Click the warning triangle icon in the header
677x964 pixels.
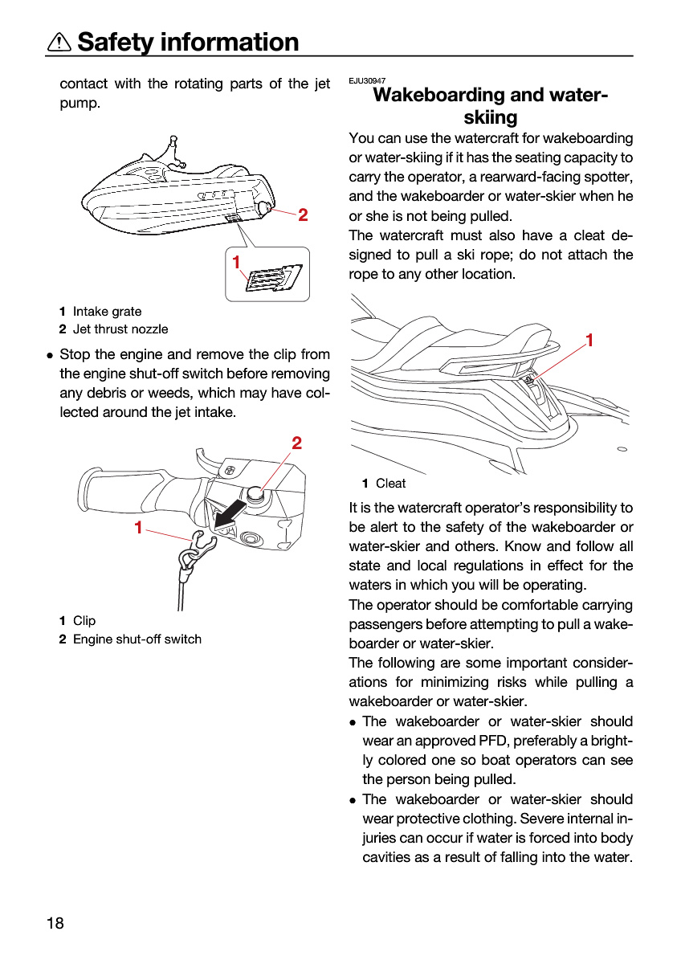coord(59,42)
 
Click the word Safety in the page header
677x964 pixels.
coord(116,43)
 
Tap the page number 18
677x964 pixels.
coord(55,923)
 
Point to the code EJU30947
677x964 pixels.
coord(367,80)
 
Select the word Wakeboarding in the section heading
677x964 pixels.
coord(438,95)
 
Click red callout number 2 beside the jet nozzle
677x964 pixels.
coord(303,215)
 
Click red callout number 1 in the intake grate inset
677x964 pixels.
coord(235,262)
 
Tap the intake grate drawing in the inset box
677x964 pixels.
coord(274,278)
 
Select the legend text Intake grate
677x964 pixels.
coord(107,311)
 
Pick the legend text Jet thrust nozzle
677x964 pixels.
coord(120,329)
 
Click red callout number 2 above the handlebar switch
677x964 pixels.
coord(297,443)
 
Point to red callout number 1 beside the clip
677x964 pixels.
coord(138,527)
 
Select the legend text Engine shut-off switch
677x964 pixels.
coord(137,639)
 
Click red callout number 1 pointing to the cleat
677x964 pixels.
coord(589,340)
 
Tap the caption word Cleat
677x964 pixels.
coord(390,484)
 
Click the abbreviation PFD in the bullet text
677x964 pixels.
coord(494,741)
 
